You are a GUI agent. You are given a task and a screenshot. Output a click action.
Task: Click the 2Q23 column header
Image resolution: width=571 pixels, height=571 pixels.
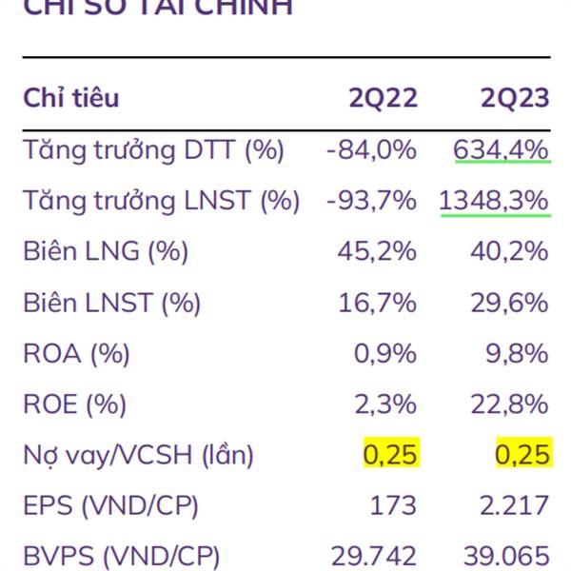pyautogui.click(x=515, y=98)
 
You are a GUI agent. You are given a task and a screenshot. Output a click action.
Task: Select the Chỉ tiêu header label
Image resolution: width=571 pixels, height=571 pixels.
pyautogui.click(x=71, y=98)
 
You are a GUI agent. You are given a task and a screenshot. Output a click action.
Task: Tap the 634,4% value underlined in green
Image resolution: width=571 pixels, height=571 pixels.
pyautogui.click(x=502, y=149)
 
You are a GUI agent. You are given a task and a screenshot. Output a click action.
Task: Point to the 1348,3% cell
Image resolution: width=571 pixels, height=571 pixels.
pyautogui.click(x=495, y=201)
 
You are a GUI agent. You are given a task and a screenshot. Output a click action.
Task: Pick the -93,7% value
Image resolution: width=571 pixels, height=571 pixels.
pyautogui.click(x=371, y=201)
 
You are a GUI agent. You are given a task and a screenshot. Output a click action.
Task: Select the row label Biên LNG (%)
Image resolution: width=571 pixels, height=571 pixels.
pyautogui.click(x=106, y=252)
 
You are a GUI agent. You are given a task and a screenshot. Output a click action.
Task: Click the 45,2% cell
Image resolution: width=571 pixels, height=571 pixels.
pyautogui.click(x=378, y=252)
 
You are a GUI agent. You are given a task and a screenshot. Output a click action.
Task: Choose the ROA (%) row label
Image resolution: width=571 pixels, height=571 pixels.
pyautogui.click(x=76, y=354)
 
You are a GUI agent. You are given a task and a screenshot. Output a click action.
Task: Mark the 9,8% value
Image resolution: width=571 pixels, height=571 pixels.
pyautogui.click(x=519, y=354)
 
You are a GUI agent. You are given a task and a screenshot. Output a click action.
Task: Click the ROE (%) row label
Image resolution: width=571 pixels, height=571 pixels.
pyautogui.click(x=75, y=405)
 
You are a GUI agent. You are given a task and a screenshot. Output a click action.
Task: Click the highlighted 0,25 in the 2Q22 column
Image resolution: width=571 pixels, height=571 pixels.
pyautogui.click(x=390, y=455)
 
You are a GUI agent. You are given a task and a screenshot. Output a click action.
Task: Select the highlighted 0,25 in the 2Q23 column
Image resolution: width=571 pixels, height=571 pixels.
pyautogui.click(x=522, y=455)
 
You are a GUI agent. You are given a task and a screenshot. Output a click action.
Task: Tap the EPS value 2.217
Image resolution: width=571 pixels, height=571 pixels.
pyautogui.click(x=518, y=505)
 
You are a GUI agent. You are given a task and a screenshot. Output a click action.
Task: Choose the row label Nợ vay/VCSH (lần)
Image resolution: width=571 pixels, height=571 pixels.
pyautogui.click(x=139, y=456)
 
